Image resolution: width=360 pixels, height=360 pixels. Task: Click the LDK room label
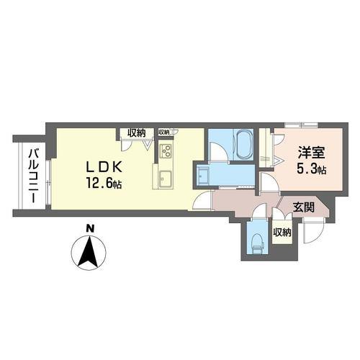(x=104, y=167)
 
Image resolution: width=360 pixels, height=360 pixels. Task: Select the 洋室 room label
(x=311, y=153)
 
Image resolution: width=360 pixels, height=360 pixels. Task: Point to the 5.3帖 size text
(x=311, y=169)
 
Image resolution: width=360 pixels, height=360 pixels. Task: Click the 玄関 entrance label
(x=303, y=207)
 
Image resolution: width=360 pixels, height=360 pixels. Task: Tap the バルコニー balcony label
(x=33, y=176)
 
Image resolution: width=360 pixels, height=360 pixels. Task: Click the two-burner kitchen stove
(x=166, y=151)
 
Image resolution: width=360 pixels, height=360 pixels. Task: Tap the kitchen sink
(x=166, y=180)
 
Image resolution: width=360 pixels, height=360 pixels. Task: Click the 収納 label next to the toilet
(x=282, y=233)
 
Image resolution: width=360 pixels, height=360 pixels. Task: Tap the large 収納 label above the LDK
(x=136, y=132)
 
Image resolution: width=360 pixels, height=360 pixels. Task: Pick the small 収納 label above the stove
(x=164, y=132)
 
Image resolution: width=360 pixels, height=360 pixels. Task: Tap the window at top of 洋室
(x=301, y=125)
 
